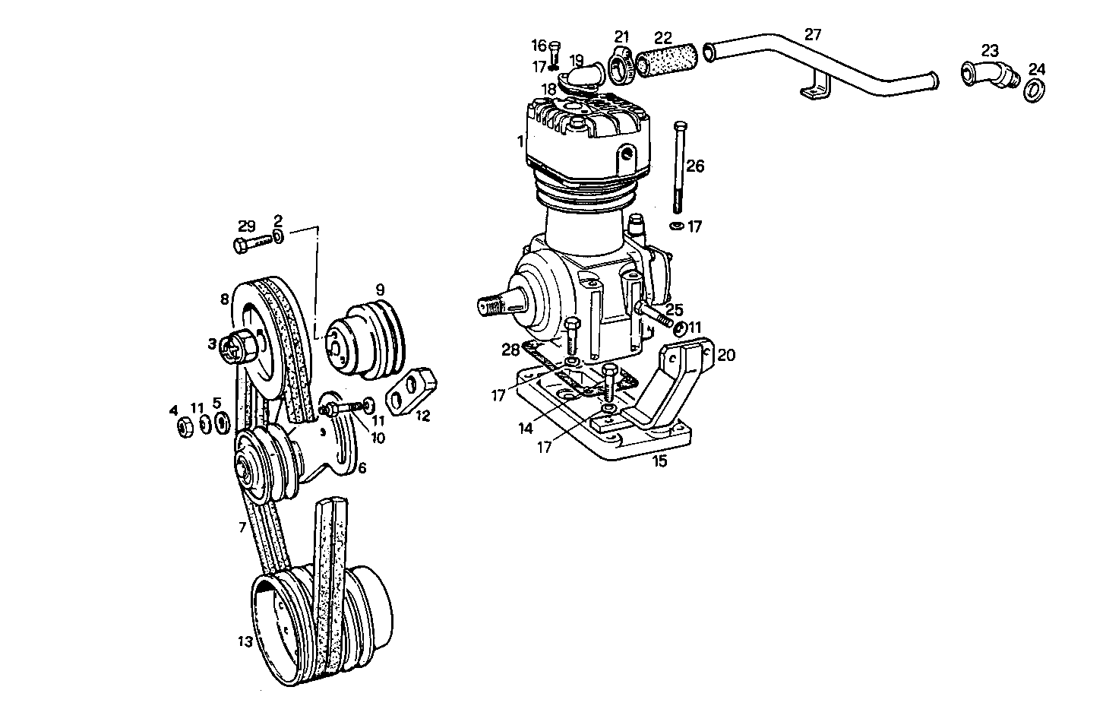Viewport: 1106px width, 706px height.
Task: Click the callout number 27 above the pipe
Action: (x=813, y=34)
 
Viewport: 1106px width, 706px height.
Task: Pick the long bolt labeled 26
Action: (x=678, y=167)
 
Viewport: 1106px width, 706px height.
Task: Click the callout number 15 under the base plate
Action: (x=659, y=461)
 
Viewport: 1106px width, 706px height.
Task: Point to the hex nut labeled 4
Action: (x=183, y=427)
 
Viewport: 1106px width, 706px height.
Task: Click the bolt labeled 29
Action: (x=252, y=245)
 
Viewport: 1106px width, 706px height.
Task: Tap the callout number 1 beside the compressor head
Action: (x=520, y=141)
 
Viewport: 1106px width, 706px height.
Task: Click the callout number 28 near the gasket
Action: (x=509, y=350)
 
